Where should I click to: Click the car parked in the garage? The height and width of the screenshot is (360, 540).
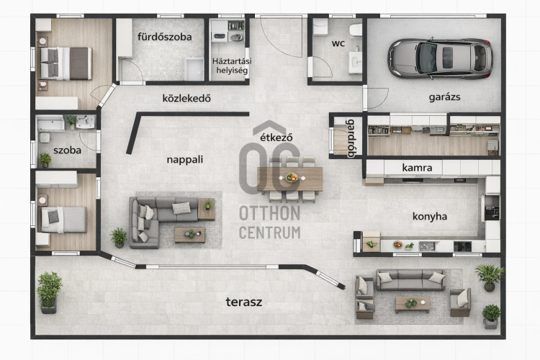point(441,58)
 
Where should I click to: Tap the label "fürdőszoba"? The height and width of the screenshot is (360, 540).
point(165,37)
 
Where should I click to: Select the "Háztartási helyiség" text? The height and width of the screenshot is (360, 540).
point(232,66)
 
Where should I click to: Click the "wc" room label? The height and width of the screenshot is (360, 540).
point(338,43)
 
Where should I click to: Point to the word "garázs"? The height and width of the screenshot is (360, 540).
point(445,97)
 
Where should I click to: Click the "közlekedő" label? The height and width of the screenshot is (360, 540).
point(186,99)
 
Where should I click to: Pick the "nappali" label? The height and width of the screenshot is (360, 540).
point(185,160)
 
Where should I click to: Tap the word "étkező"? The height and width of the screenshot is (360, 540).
point(276,138)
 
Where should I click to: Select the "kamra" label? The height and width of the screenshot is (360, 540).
point(417,168)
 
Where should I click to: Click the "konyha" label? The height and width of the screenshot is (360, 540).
point(430,216)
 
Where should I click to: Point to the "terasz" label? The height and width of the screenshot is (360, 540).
point(244,302)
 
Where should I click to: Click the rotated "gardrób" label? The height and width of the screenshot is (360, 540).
point(351,138)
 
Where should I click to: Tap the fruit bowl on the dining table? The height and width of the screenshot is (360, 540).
point(292,177)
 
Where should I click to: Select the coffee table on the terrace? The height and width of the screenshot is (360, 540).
point(413,304)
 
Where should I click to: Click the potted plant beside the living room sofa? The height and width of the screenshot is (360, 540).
point(119,238)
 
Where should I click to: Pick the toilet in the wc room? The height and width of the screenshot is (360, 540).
point(356,30)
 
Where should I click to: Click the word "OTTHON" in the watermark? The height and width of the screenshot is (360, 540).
point(270,214)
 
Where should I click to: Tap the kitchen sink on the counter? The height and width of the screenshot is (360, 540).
point(427,246)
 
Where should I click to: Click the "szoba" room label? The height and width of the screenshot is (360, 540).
point(67,150)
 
